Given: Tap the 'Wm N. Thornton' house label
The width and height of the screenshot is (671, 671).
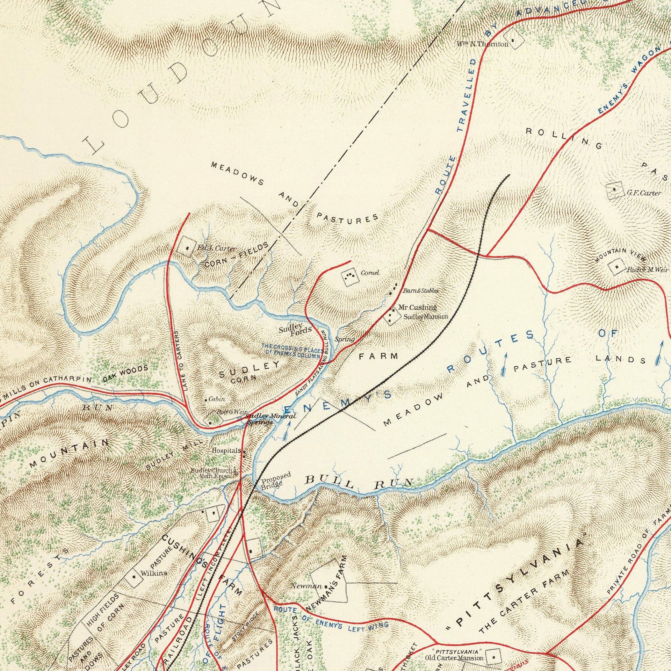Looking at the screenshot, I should (x=482, y=44).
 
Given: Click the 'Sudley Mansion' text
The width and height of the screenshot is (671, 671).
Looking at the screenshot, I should (x=425, y=317).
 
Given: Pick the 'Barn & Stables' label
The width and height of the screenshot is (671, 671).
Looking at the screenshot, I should (x=420, y=290).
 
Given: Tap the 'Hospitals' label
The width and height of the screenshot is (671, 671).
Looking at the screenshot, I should (x=226, y=450).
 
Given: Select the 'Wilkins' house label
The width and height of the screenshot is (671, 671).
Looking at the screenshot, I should (x=153, y=573).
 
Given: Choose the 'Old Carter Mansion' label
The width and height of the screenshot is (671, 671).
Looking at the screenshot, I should (x=454, y=658).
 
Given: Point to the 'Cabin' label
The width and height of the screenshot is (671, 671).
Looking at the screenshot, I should (x=217, y=399).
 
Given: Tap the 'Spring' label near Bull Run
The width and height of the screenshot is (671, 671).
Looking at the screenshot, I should (x=344, y=339).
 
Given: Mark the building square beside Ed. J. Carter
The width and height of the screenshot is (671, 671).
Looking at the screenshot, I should (x=187, y=248).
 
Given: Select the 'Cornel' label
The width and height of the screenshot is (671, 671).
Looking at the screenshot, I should (x=370, y=272).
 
